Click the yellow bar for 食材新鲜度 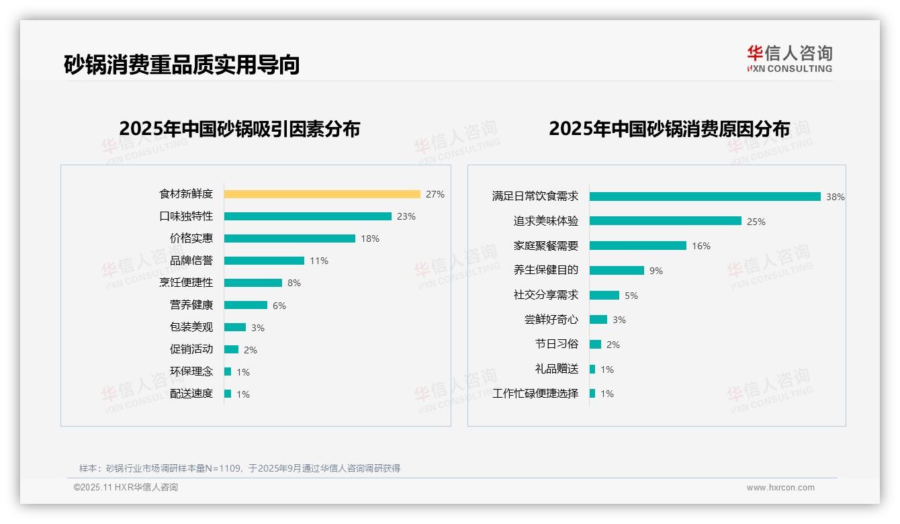322,194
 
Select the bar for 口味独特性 308,216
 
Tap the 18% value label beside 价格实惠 370,238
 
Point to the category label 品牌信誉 191,261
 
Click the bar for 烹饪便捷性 253,283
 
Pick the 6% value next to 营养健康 279,306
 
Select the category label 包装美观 191,327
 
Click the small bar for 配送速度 228,394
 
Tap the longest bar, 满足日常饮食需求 705,197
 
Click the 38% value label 836,197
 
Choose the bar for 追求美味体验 665,221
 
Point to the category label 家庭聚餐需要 546,246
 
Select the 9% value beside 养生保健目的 656,271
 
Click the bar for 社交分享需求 604,296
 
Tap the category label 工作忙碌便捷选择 535,394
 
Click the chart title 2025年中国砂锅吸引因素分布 240,128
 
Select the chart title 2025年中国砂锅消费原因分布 669,128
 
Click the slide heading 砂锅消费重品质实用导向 181,64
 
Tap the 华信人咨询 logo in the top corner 789,58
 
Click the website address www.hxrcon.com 780,488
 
